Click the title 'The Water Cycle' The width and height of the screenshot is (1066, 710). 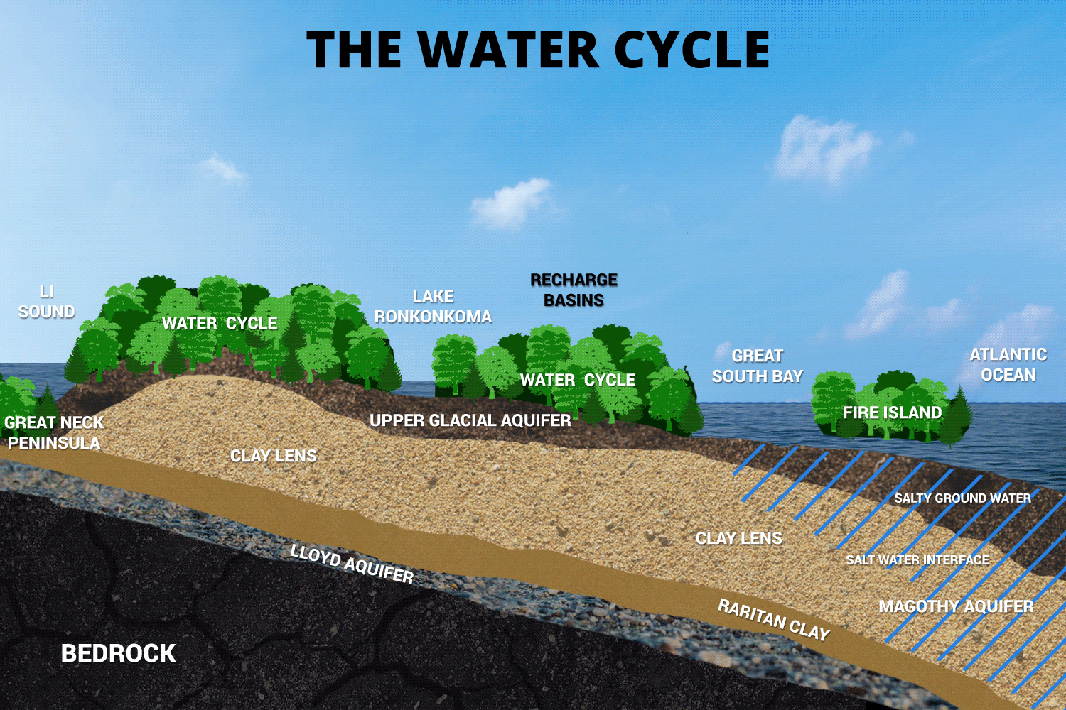[538, 50]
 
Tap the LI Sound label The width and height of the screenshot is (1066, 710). [46, 302]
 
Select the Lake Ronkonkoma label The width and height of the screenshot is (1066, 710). [433, 307]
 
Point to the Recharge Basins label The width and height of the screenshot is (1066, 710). [574, 290]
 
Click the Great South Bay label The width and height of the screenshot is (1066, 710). [757, 366]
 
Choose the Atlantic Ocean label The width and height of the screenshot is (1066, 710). [1008, 364]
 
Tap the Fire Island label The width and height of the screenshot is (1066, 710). [892, 413]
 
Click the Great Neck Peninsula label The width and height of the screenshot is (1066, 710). [54, 432]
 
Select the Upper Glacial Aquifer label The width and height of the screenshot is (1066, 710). [470, 420]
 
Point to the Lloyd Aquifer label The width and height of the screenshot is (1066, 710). [352, 564]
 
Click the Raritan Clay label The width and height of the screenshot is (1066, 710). [774, 619]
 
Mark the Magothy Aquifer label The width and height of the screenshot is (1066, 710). [956, 606]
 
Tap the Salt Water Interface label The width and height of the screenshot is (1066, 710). [917, 560]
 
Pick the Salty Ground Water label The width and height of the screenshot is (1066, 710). [962, 498]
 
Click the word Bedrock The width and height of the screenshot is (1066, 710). [118, 653]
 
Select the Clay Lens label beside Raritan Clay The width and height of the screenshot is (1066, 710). [738, 538]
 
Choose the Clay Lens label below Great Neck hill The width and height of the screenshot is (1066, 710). [274, 456]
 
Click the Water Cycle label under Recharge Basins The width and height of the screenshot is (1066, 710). [578, 380]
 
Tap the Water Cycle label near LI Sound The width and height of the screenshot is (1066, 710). [220, 323]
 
